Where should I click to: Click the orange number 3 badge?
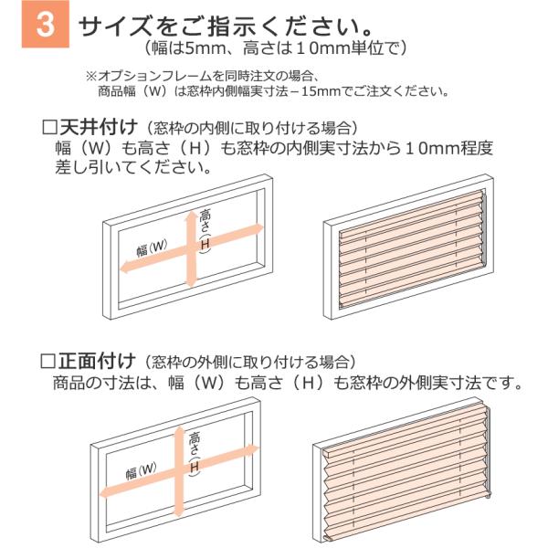(x=46, y=24)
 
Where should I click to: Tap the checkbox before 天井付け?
(x=49, y=128)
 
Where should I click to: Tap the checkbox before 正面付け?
(x=47, y=361)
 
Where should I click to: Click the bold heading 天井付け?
(x=99, y=127)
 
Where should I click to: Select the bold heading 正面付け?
(x=97, y=361)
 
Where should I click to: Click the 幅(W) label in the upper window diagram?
(x=152, y=248)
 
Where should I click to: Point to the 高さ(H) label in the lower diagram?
(x=195, y=453)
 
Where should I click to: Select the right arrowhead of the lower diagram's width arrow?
(x=255, y=448)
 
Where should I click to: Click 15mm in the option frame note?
(x=321, y=91)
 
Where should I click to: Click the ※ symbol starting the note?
(x=91, y=76)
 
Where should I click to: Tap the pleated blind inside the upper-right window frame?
(x=413, y=248)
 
